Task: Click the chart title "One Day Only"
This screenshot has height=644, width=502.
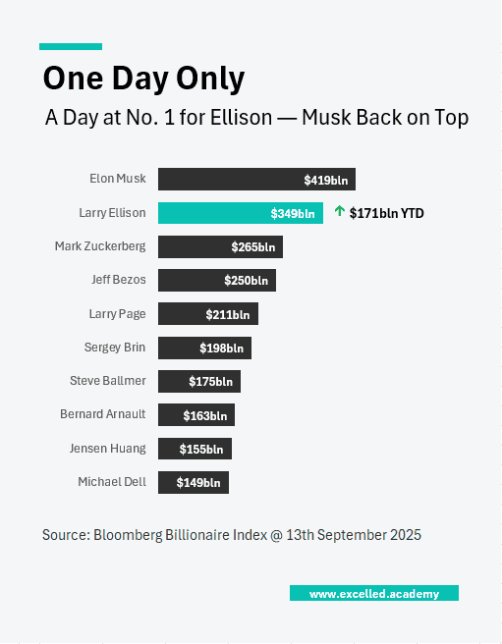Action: (x=144, y=79)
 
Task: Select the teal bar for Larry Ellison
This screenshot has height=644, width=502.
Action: (x=240, y=213)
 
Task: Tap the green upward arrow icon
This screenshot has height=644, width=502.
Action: (x=340, y=211)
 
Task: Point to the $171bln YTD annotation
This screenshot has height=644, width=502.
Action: (x=386, y=212)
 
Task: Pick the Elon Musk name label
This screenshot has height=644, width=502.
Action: (x=117, y=179)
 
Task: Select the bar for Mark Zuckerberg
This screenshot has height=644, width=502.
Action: (x=220, y=246)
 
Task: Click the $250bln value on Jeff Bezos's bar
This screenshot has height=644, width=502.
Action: (x=247, y=281)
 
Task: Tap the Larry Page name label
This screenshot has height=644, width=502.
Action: (x=117, y=314)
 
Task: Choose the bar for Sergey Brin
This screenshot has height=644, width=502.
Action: (x=204, y=348)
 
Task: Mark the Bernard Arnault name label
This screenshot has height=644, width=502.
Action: (x=102, y=414)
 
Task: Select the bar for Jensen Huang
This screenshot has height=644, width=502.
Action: (x=195, y=449)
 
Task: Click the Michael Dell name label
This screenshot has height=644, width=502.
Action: (x=112, y=482)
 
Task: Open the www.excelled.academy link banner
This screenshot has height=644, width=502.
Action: (x=373, y=594)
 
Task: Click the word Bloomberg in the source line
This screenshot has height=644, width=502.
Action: (x=127, y=535)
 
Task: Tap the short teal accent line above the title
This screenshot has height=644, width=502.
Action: (x=71, y=46)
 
